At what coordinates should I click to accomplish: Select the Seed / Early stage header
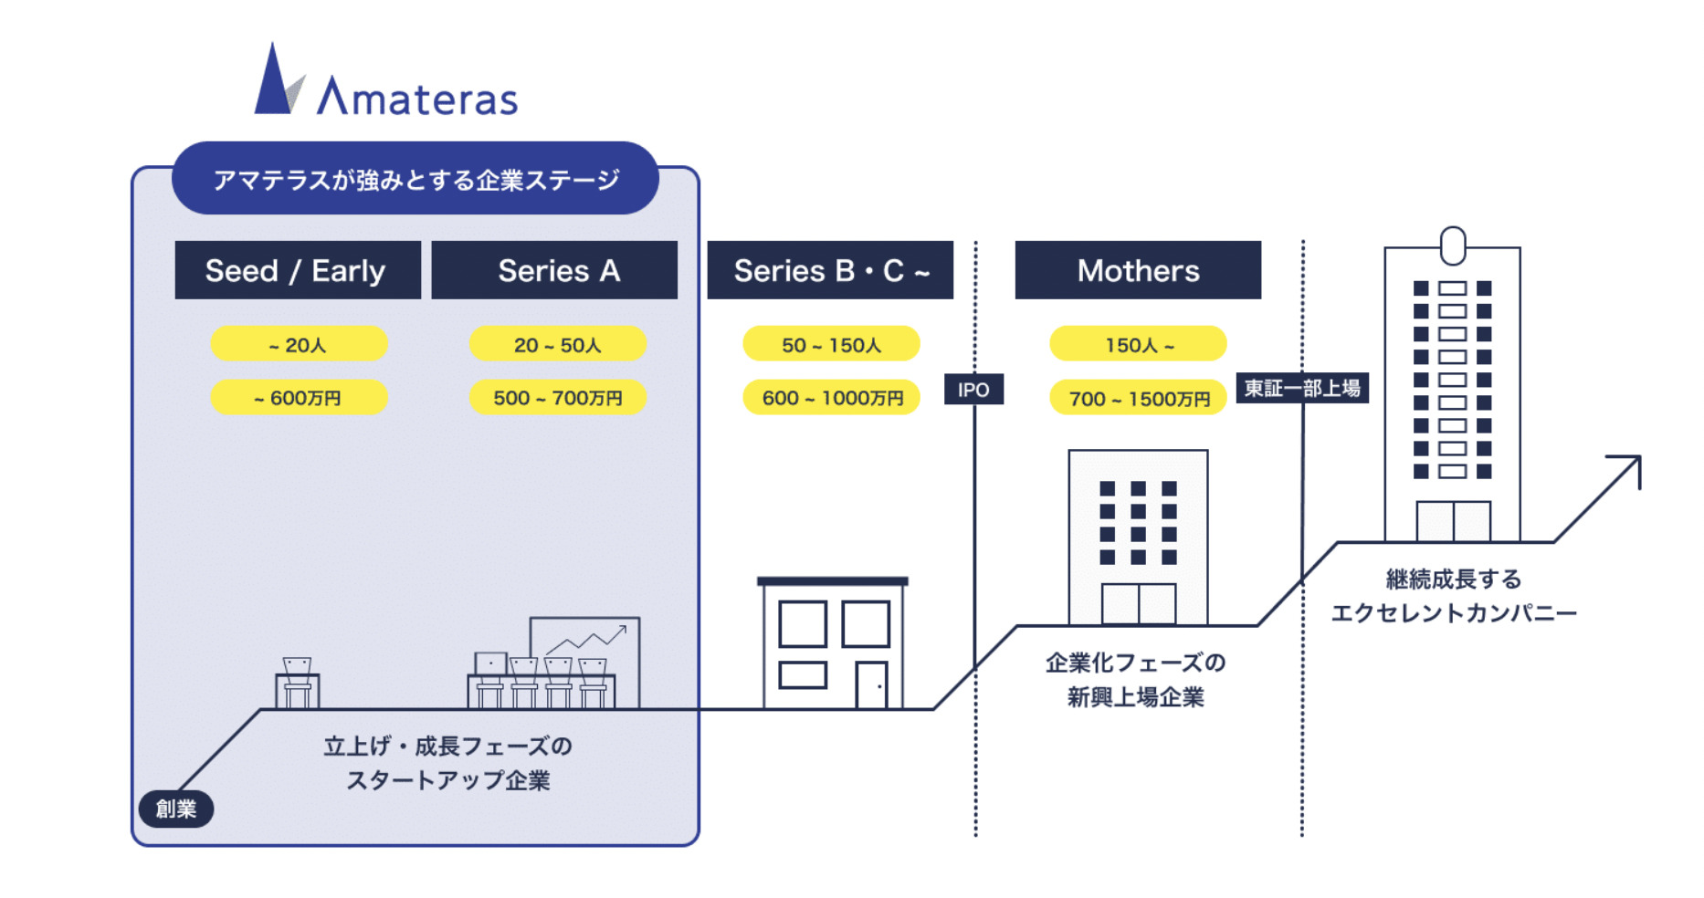[298, 270]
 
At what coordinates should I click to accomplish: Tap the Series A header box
[554, 270]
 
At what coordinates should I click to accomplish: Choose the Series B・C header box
[830, 270]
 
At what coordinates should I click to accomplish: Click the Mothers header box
[1138, 270]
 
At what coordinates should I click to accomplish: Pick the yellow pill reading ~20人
[299, 345]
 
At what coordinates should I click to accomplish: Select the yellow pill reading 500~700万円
[557, 398]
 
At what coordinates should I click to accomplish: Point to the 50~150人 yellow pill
[831, 345]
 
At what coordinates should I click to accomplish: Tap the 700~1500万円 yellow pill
[1138, 399]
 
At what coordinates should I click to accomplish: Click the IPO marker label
[973, 390]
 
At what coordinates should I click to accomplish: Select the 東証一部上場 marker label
[1302, 388]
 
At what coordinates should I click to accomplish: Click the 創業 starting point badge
[176, 809]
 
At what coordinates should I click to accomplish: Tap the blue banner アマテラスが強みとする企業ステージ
[415, 179]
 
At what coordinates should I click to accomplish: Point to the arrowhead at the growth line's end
[1629, 466]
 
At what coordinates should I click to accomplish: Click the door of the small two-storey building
[871, 685]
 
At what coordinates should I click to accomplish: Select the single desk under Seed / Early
[297, 684]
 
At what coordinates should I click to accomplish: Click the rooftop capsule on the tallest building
[1452, 245]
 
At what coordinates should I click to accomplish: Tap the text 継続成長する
[1453, 579]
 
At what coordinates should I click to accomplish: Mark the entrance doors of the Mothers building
[1138, 604]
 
